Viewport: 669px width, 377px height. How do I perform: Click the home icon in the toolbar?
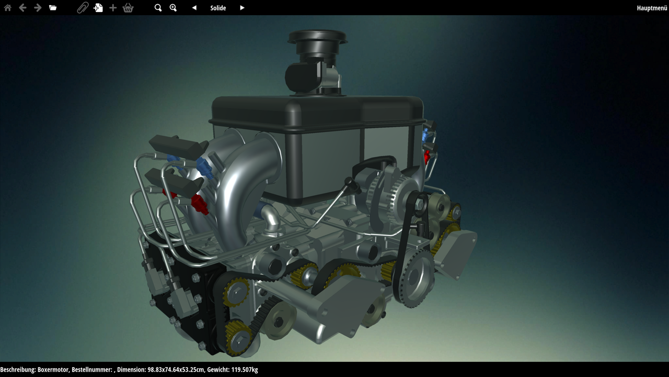8,8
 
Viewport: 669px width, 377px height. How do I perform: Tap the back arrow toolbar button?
22,8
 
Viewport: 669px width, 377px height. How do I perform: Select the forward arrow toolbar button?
38,8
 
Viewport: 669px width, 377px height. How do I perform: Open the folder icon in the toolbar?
53,8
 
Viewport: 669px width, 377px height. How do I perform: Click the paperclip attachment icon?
83,8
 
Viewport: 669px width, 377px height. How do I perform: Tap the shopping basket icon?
128,8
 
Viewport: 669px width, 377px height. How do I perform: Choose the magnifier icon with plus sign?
173,8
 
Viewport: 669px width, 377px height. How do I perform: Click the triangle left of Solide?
194,8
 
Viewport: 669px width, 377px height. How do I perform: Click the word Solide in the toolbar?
218,8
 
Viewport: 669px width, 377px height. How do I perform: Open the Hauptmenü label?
652,8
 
